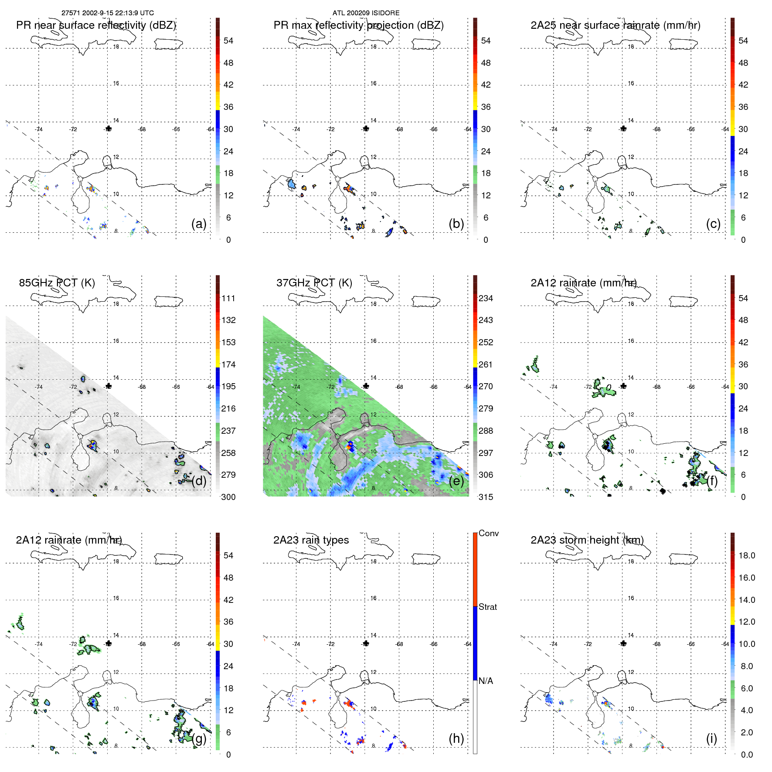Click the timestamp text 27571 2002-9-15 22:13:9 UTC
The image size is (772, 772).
107,13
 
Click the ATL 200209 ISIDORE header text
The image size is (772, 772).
366,13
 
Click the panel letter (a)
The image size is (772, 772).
199,224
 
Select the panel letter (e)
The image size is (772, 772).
456,481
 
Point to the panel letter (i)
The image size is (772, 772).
711,738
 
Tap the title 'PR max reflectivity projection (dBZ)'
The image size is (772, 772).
358,25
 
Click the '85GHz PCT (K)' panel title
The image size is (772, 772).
57,282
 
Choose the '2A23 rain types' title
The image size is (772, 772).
311,540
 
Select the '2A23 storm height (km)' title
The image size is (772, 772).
587,540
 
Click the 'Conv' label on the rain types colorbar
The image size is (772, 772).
488,533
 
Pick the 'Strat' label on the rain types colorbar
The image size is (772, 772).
487,607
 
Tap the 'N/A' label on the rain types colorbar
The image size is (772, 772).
486,681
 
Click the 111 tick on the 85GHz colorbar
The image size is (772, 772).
228,298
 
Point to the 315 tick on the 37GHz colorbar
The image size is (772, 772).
486,497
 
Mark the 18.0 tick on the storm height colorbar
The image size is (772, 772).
746,555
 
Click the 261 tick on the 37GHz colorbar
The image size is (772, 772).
486,364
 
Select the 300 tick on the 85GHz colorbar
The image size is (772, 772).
228,497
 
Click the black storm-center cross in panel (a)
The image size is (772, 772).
108,129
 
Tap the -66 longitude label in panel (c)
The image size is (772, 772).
691,129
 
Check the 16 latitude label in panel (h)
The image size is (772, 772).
374,598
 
